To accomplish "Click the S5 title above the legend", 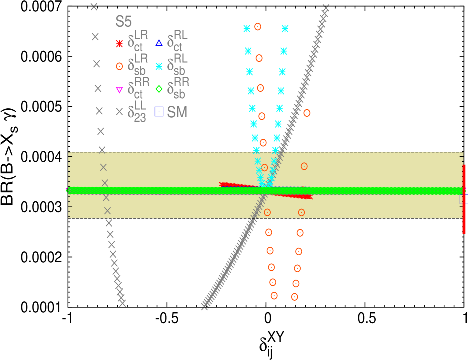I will [x=124, y=22].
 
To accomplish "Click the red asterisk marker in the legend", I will [x=119, y=44].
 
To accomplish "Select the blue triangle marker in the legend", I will [x=159, y=43].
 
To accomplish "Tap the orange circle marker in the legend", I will [x=119, y=66].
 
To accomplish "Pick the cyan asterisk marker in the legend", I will [x=159, y=66].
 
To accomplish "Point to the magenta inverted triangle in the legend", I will [x=119, y=90].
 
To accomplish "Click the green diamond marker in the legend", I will [x=159, y=89].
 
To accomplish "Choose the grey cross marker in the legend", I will [x=119, y=112].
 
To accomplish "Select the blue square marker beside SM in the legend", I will [x=159, y=112].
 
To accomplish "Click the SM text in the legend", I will [x=177, y=112].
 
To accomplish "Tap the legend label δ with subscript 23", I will [x=137, y=111].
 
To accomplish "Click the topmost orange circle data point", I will [x=258, y=27].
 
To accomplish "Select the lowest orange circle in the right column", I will [x=294, y=297].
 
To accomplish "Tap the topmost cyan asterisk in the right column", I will [x=285, y=29].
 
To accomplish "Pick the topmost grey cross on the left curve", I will [x=94, y=7].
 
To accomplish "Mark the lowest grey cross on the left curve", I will [x=122, y=303].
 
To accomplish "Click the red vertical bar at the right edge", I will [x=464, y=199].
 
